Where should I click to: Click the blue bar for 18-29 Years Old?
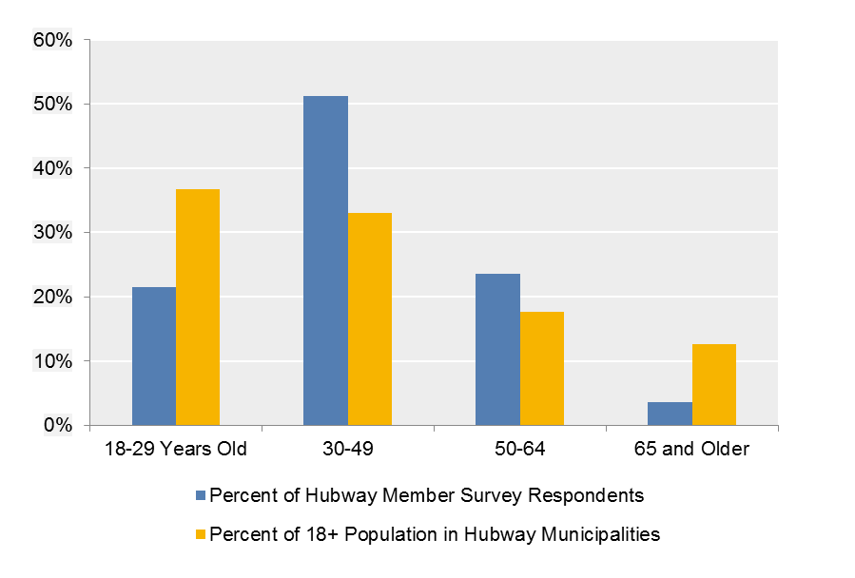154,356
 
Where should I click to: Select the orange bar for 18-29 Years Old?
198,307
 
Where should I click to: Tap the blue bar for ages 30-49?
325,260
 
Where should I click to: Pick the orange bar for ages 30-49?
370,319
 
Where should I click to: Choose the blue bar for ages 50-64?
497,350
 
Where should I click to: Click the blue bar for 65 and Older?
670,414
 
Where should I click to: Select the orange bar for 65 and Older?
714,385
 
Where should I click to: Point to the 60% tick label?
53,40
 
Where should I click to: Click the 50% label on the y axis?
53,104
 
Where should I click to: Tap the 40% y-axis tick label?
53,168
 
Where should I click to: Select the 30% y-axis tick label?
53,233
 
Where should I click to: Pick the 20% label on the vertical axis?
53,298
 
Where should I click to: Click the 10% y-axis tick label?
53,361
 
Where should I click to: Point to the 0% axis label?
58,426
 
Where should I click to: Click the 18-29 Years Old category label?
175,450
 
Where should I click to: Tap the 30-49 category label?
347,450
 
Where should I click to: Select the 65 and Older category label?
691,450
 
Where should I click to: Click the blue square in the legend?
200,495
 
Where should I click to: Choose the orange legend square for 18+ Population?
200,534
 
